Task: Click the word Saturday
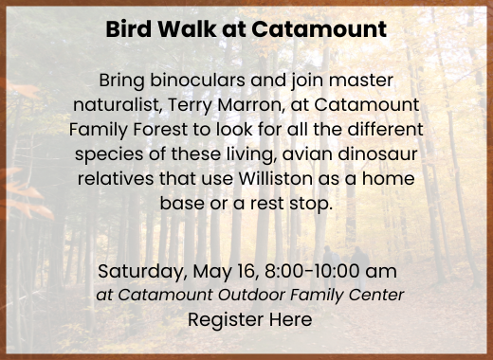click(x=136, y=273)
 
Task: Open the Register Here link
click(x=249, y=320)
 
